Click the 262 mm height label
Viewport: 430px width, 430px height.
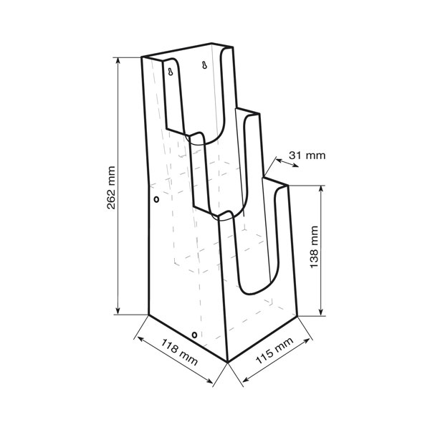tap(111, 188)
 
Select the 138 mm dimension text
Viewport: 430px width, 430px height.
tap(314, 247)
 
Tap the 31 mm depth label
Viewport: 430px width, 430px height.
tap(307, 156)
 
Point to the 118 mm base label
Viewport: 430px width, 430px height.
tap(179, 353)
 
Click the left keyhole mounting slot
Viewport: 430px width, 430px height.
tap(171, 72)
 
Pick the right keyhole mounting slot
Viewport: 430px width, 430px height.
tap(204, 65)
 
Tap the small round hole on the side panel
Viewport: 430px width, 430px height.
tap(156, 199)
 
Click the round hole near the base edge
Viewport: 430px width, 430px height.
tap(194, 335)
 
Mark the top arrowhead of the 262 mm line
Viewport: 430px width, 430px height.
tap(118, 61)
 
